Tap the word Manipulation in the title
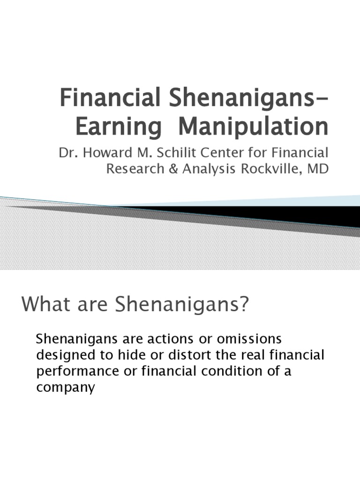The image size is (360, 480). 254,127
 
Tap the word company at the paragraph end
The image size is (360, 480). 65,388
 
